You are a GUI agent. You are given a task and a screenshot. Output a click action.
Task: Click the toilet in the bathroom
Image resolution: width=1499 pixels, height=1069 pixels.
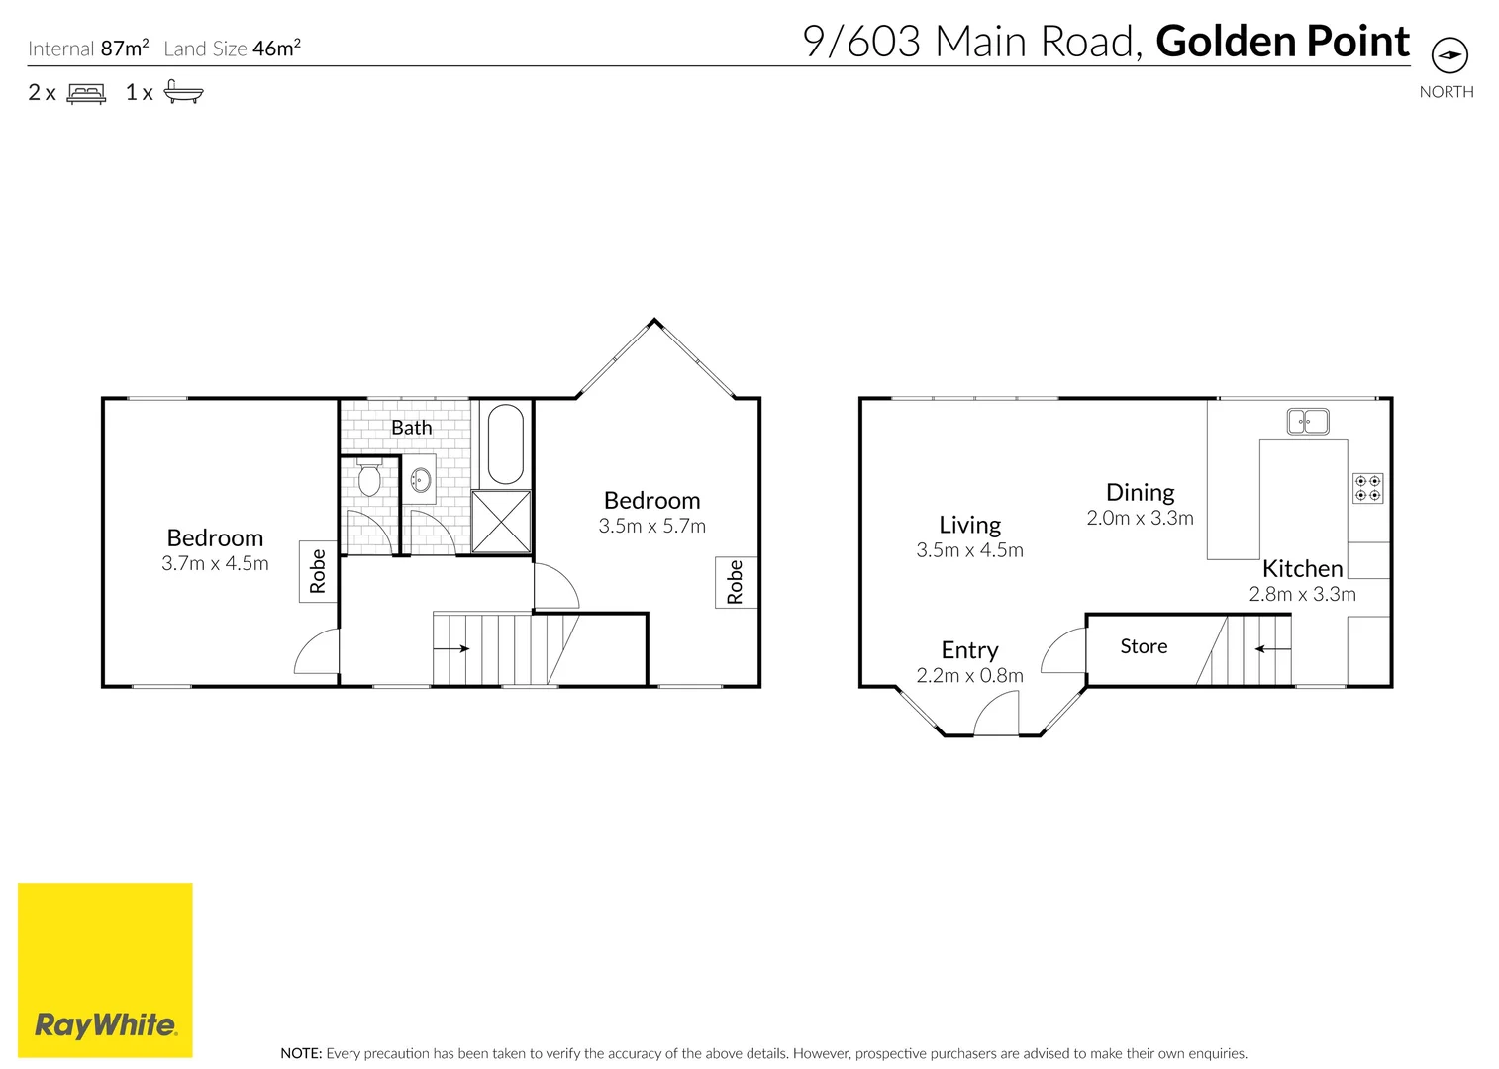369,478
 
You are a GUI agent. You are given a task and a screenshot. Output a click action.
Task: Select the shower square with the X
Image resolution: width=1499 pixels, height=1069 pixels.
501,522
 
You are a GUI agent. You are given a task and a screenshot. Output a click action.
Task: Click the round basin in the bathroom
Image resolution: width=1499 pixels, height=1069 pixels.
420,480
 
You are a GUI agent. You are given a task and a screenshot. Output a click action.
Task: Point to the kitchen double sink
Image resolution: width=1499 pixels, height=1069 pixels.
1307,421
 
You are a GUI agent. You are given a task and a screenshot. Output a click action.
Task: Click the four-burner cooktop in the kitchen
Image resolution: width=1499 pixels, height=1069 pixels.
1367,488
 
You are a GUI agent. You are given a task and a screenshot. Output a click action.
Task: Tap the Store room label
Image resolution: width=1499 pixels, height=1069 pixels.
1144,646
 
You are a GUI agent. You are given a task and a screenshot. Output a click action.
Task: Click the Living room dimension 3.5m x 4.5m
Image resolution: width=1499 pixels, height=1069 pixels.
969,550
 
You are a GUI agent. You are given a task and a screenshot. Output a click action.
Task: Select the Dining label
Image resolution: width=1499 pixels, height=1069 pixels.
1140,492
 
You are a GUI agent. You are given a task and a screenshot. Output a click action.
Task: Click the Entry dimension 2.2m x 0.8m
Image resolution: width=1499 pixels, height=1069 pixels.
969,675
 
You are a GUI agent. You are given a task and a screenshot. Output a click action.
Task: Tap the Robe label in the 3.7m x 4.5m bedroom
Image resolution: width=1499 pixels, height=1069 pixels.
318,571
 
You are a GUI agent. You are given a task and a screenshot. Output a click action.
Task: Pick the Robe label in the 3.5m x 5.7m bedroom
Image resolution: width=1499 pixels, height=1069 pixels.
735,582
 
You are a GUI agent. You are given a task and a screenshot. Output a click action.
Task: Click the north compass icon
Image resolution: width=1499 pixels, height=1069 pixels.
1449,55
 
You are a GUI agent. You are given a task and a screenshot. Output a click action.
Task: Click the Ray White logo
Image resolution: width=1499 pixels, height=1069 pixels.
105,970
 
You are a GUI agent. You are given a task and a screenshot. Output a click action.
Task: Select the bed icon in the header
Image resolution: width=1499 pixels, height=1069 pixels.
86,93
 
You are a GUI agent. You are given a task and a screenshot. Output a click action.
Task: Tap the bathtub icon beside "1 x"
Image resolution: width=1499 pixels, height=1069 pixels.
183,92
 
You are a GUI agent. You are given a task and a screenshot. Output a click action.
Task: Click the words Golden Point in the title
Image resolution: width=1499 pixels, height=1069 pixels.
1282,42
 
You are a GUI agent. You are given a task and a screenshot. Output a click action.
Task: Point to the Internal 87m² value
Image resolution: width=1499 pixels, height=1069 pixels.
125,48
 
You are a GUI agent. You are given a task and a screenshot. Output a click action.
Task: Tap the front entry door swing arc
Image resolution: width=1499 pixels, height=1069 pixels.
996,713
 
